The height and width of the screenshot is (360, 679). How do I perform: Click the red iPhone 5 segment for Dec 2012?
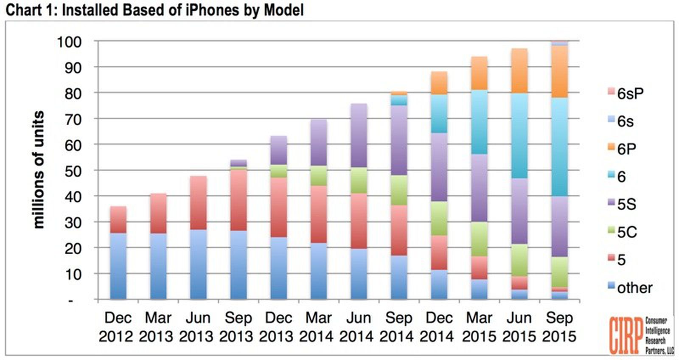coord(118,219)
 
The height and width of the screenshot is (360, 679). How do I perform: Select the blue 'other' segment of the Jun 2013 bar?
coord(199,264)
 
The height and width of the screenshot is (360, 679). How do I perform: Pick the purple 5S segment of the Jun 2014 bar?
coord(359,135)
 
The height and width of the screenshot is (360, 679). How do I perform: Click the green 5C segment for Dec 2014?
coord(439,218)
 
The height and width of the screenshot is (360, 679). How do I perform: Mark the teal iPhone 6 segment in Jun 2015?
coord(519,135)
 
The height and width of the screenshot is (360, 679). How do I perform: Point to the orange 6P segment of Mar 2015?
coord(479,73)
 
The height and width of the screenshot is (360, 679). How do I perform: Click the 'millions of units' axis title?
coord(39,170)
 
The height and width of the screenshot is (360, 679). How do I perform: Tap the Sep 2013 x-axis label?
coord(238,327)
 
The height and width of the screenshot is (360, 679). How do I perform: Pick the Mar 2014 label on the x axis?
coord(318,327)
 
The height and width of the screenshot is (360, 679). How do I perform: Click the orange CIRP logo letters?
coord(625,335)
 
